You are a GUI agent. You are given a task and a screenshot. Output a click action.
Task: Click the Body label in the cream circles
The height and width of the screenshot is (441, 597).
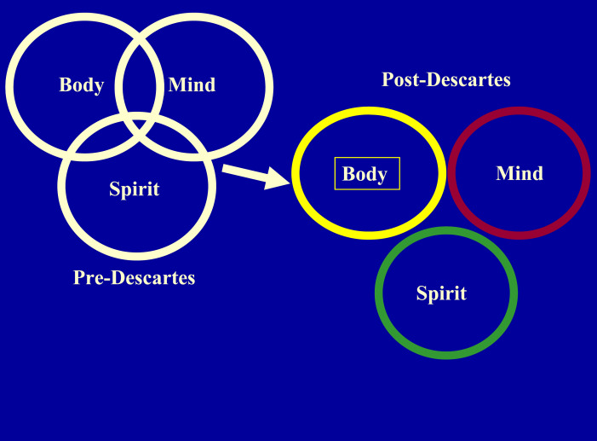pos(81,85)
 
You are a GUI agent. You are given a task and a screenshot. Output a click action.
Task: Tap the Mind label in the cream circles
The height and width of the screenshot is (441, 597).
pos(192,85)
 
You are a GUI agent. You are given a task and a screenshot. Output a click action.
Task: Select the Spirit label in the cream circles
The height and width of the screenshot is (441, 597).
pos(135,189)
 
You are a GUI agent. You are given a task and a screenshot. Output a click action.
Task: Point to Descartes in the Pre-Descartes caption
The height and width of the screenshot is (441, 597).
pos(153,277)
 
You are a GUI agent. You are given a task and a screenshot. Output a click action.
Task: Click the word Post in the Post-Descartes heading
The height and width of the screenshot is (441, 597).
pos(401,80)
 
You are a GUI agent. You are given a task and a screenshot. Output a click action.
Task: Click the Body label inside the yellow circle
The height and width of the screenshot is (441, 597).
pos(365,175)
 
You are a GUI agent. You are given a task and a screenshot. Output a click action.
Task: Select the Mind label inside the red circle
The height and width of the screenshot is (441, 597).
pos(520,173)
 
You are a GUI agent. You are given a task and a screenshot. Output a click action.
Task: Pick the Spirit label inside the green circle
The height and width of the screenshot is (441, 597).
pos(441,294)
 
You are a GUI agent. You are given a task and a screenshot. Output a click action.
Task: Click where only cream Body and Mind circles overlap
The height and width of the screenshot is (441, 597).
pos(139,60)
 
